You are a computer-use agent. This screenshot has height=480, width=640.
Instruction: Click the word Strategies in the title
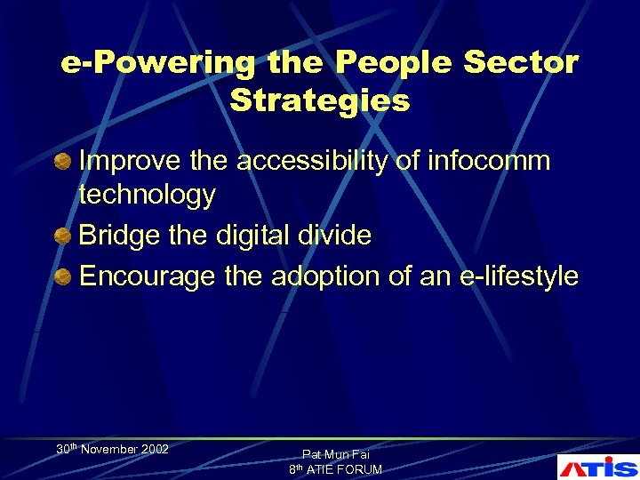pyautogui.click(x=320, y=100)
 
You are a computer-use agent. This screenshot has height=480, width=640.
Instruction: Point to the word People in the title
pyautogui.click(x=383, y=63)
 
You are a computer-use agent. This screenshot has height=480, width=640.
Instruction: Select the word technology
pyautogui.click(x=148, y=196)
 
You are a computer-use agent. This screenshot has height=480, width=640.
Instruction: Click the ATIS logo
pyautogui.click(x=596, y=468)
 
